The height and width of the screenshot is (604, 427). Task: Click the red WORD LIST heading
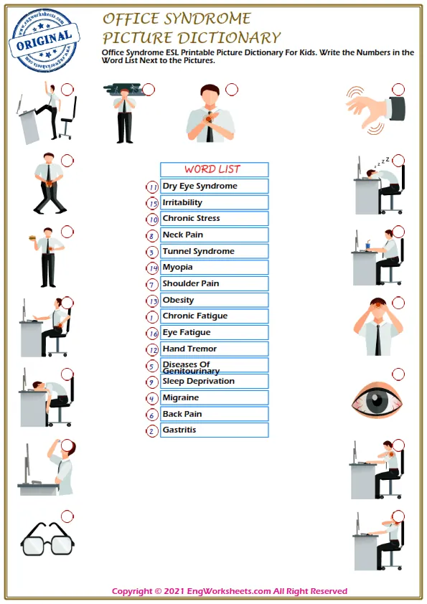pyautogui.click(x=213, y=169)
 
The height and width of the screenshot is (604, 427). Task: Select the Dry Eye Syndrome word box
pyautogui.click(x=213, y=186)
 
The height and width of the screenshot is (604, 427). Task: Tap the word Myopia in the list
pyautogui.click(x=178, y=268)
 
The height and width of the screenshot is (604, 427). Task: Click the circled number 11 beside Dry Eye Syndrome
pyautogui.click(x=152, y=187)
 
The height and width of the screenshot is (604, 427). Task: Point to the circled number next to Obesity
pyautogui.click(x=152, y=301)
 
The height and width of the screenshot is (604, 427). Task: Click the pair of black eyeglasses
pyautogui.click(x=47, y=538)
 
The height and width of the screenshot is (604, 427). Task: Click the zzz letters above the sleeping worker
pyautogui.click(x=385, y=160)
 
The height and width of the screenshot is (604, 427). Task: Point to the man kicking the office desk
pyautogui.click(x=49, y=111)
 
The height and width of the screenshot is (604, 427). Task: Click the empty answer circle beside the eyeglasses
pyautogui.click(x=67, y=516)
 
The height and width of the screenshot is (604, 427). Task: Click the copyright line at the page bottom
pyautogui.click(x=229, y=592)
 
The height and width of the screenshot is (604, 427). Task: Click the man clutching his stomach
pyautogui.click(x=50, y=183)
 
